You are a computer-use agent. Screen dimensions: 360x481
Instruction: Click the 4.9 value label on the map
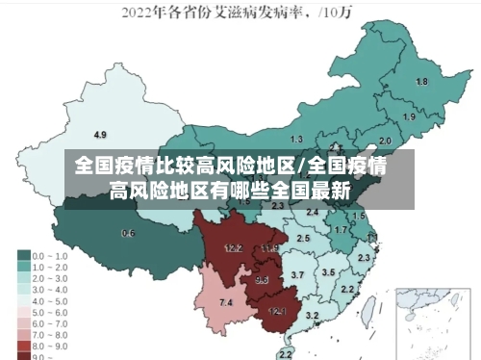tap(100, 134)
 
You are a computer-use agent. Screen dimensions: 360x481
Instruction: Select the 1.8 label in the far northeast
tap(421, 82)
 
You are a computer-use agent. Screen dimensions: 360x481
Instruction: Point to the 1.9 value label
tap(409, 116)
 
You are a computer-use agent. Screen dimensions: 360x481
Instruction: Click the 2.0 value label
tap(385, 140)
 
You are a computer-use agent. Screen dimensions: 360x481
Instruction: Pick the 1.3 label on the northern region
tap(296, 141)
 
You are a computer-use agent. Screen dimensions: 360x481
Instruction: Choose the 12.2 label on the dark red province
tap(233, 247)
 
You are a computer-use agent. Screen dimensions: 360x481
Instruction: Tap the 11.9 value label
tap(268, 248)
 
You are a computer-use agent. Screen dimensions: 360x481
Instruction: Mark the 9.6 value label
tap(262, 280)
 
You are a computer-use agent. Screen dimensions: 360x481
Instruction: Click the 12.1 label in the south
tap(277, 311)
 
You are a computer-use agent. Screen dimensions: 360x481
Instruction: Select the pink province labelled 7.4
tap(226, 303)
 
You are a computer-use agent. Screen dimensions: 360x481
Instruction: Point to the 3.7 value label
tap(297, 275)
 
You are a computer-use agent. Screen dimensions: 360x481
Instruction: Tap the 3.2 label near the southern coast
tap(312, 315)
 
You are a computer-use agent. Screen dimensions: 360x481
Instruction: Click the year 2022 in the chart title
tap(139, 13)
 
